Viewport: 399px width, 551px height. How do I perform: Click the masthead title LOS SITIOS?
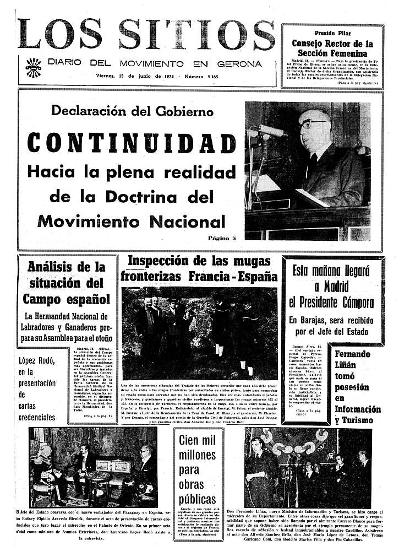tap(146, 34)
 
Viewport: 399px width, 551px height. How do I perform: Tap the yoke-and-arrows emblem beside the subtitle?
tap(33, 68)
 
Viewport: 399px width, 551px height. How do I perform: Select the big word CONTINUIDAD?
tap(132, 142)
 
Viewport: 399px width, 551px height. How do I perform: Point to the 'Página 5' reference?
tap(222, 238)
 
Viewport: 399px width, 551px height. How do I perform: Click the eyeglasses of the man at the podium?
tap(313, 125)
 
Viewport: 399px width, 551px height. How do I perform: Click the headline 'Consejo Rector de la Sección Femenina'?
tap(332, 48)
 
